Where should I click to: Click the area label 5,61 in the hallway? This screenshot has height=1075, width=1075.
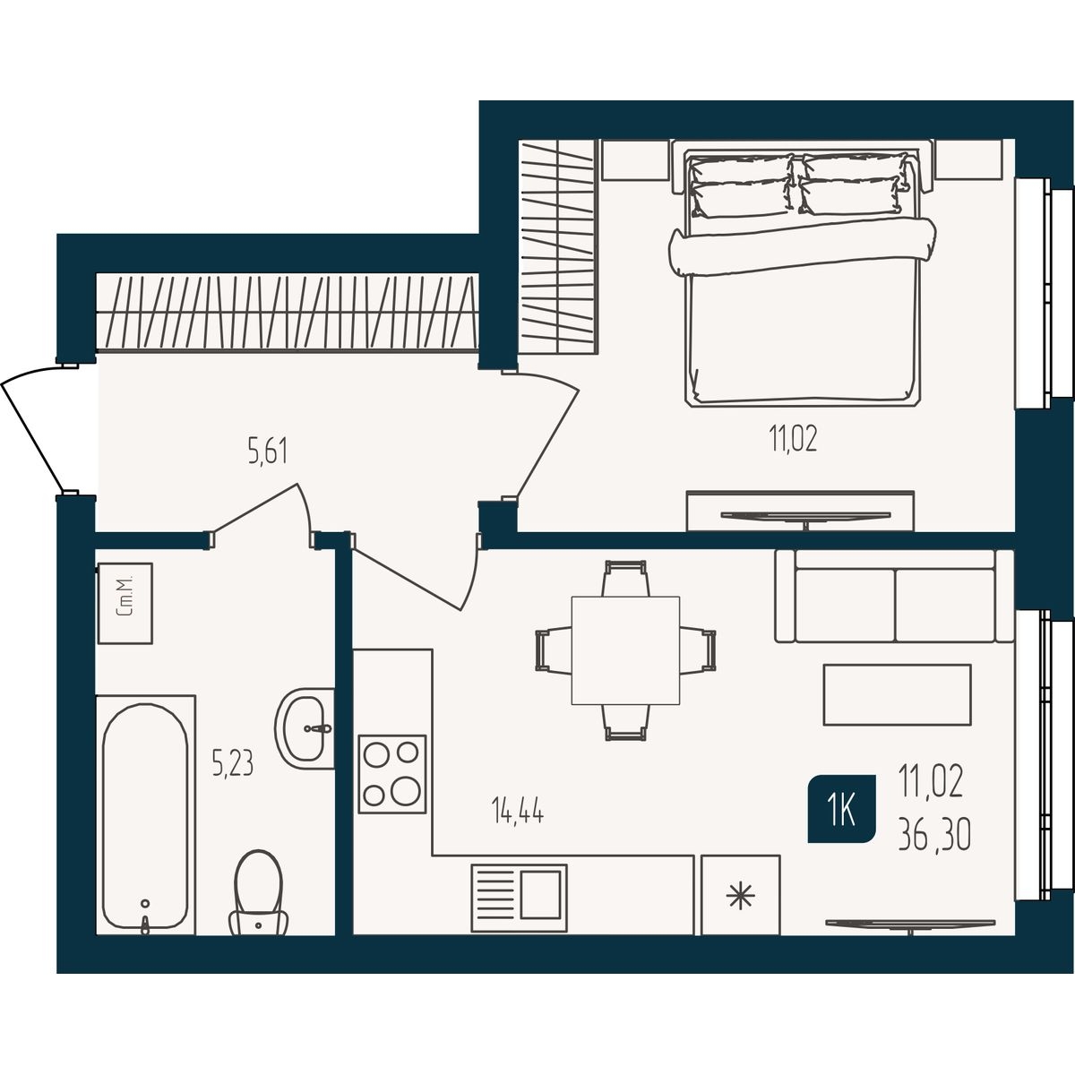(268, 451)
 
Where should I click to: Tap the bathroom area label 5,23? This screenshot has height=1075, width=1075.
(233, 763)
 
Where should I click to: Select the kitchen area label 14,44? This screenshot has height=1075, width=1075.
(517, 810)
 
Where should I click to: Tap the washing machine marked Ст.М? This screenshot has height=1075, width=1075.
(125, 603)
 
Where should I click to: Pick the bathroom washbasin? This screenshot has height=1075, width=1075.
(305, 728)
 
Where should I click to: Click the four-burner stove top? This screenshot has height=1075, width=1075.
(392, 774)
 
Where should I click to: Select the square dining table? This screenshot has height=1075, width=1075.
(625, 650)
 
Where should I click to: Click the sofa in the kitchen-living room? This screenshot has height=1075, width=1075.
(894, 596)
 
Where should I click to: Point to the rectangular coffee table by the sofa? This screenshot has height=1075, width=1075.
(898, 694)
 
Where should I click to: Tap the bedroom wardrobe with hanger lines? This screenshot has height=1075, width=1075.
(558, 246)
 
